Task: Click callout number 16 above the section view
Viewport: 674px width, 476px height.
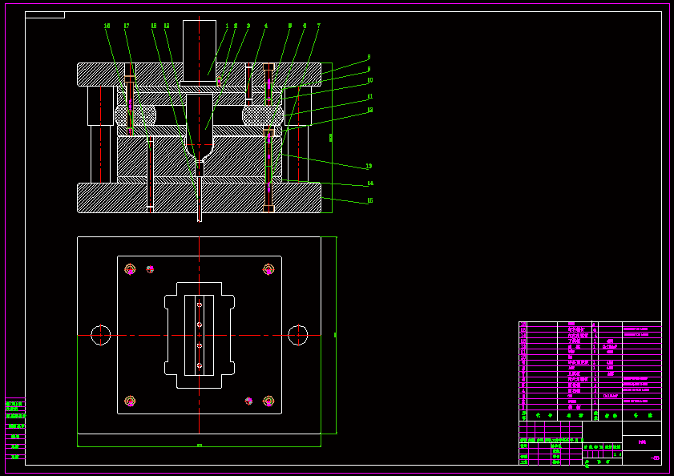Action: pyautogui.click(x=107, y=26)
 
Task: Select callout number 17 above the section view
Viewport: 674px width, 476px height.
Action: pyautogui.click(x=127, y=26)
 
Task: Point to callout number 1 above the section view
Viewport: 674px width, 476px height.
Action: pyautogui.click(x=227, y=26)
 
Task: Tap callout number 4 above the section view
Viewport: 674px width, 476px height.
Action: pyautogui.click(x=266, y=26)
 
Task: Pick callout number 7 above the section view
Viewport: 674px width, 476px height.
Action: pyautogui.click(x=318, y=26)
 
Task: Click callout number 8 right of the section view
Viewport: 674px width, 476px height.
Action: pyautogui.click(x=369, y=57)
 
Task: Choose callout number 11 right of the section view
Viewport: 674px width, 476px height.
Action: pyautogui.click(x=369, y=96)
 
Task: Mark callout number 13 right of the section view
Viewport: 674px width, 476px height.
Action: pyautogui.click(x=369, y=166)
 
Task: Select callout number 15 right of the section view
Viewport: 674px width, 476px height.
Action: pyautogui.click(x=369, y=200)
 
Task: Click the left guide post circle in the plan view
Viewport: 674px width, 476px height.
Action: pyautogui.click(x=100, y=335)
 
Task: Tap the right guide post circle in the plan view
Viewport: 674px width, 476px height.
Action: pyautogui.click(x=298, y=335)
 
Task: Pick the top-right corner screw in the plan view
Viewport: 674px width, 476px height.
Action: pyautogui.click(x=268, y=269)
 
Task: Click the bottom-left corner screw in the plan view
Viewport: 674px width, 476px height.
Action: pyautogui.click(x=130, y=401)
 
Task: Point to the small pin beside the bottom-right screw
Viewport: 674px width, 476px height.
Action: pyautogui.click(x=248, y=401)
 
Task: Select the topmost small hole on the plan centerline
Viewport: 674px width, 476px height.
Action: pyautogui.click(x=200, y=305)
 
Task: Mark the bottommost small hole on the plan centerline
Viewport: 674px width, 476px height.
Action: pyautogui.click(x=200, y=365)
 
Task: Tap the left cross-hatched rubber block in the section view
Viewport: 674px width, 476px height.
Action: pyautogui.click(x=135, y=114)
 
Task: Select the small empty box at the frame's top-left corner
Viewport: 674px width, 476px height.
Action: pyautogui.click(x=45, y=14)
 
